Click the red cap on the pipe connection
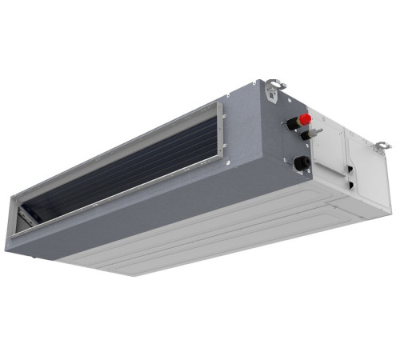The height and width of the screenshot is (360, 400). tap(304, 120)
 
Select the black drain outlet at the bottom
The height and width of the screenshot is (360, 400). tap(302, 162)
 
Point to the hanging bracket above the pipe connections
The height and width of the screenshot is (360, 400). tap(276, 83)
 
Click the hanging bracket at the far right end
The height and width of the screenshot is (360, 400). tap(382, 146)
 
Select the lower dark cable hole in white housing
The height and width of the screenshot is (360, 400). tap(350, 184)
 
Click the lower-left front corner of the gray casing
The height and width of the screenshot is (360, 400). tap(10, 248)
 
